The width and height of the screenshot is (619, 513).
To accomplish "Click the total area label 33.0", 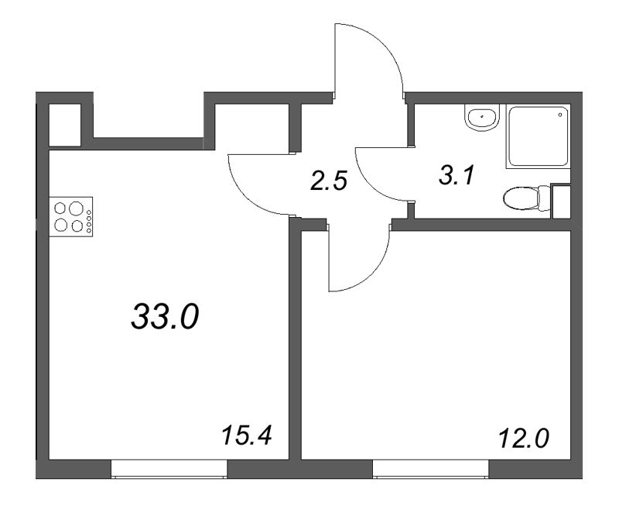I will coord(166,316).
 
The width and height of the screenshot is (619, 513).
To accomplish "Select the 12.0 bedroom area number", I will coord(523,439).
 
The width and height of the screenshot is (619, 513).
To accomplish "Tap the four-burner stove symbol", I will coord(71,217).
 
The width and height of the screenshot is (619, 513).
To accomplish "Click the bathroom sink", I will coord(484,117).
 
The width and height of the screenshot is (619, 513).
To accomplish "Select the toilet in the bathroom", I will coord(525,200).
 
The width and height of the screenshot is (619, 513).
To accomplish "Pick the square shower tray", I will coord(537,136).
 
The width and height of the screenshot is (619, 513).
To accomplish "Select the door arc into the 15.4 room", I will coord(259,186).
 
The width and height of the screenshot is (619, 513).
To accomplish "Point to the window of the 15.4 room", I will coord(169,469).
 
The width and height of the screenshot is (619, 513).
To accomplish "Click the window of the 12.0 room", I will coord(431,469).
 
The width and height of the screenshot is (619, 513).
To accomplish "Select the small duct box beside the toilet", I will coord(560,201).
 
